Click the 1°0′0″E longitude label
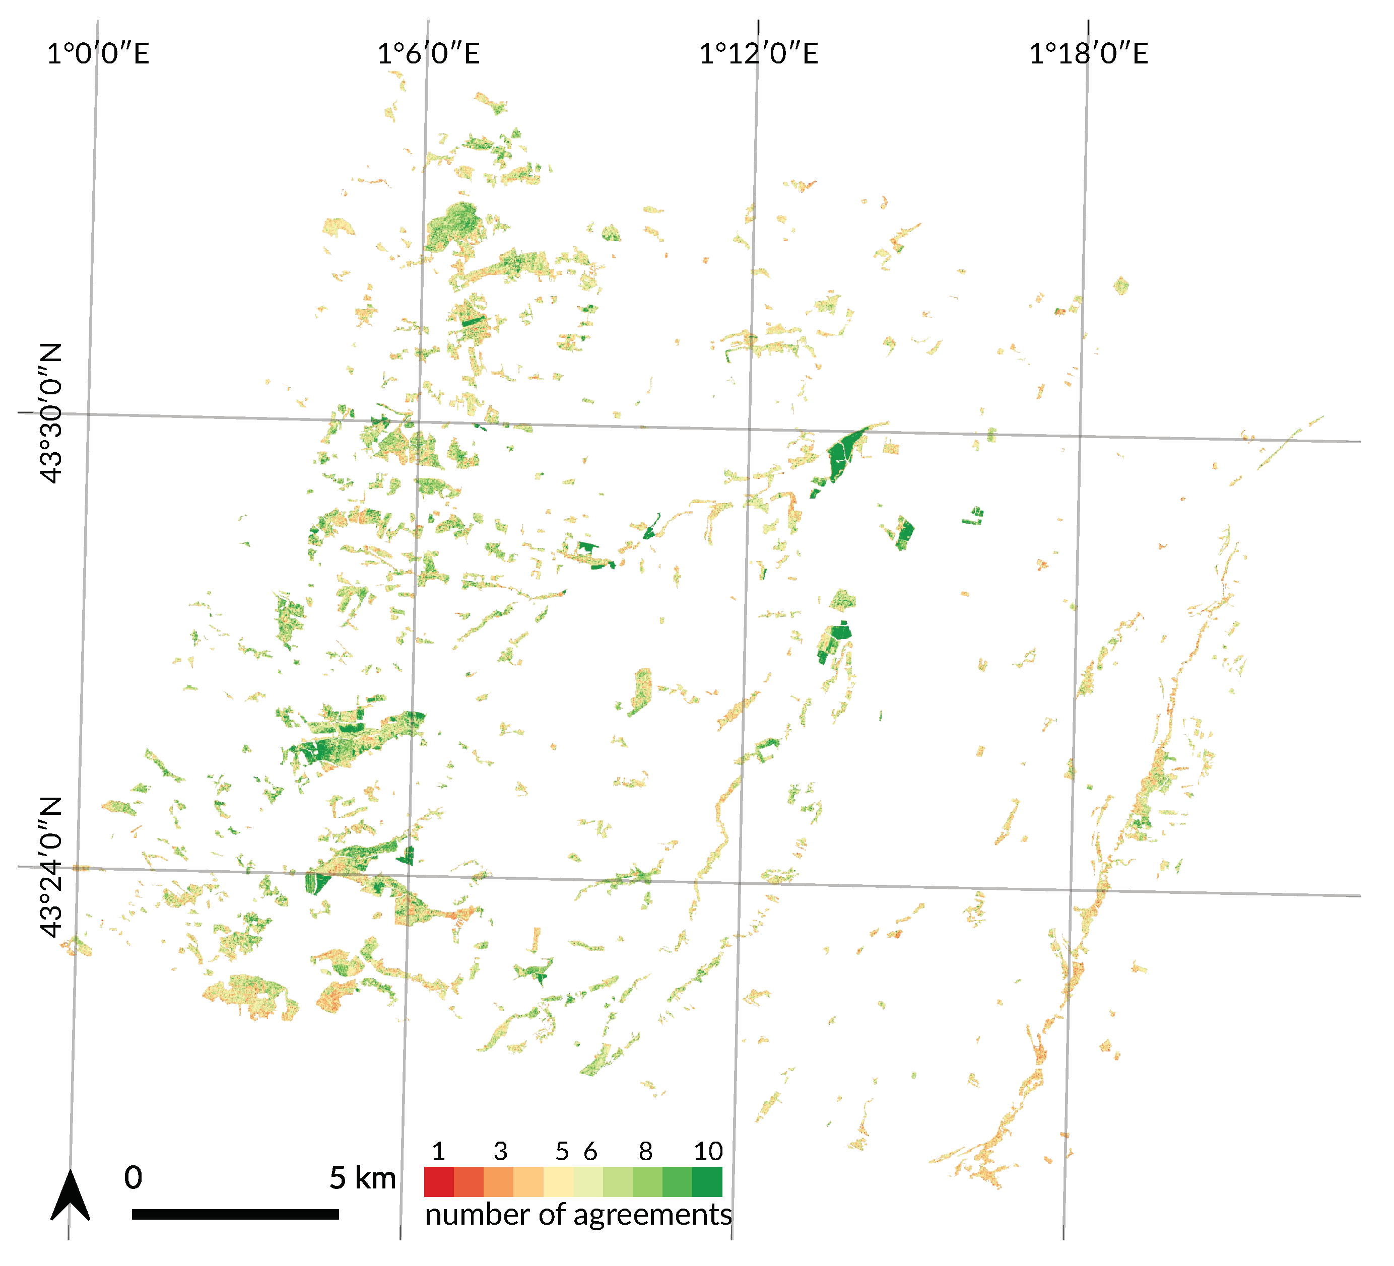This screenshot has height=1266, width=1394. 98,53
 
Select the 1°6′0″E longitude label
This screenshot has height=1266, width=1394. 428,53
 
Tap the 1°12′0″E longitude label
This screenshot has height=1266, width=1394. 759,53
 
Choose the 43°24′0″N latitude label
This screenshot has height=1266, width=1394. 50,867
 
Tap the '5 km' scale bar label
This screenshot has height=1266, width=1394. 362,1177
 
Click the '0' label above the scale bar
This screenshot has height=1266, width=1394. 134,1177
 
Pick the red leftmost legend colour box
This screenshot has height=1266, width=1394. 438,1182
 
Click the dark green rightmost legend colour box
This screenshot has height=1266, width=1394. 707,1182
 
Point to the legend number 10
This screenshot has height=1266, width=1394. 708,1151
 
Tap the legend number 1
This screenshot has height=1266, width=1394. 438,1151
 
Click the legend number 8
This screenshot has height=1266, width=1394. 645,1151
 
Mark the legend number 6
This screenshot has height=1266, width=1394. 590,1151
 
